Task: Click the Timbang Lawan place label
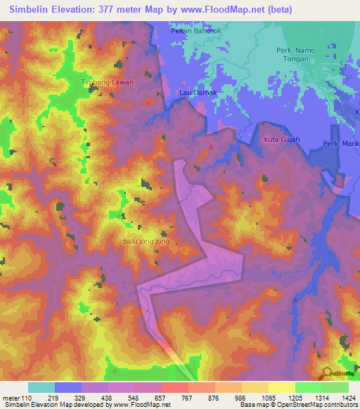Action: [107, 82]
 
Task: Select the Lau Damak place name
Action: [197, 92]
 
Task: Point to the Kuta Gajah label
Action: [281, 140]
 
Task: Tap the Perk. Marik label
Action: [341, 144]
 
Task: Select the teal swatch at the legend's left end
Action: [41, 387]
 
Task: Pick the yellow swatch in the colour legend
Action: [281, 387]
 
